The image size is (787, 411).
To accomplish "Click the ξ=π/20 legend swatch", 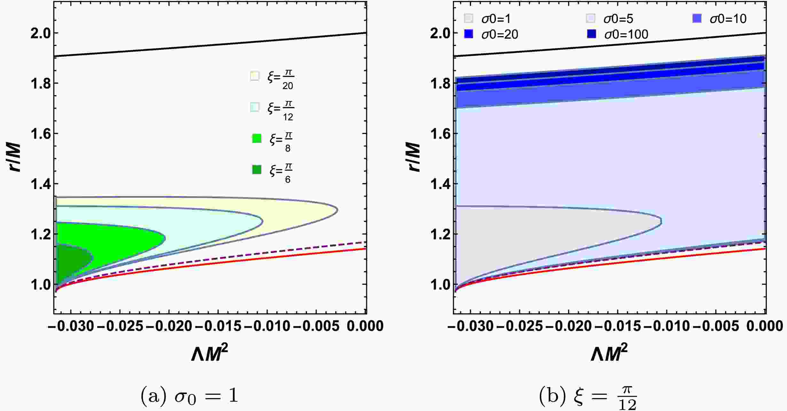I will tap(255, 76).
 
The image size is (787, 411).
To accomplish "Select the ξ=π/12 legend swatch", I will tap(255, 107).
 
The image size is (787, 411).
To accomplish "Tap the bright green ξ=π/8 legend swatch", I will tap(256, 138).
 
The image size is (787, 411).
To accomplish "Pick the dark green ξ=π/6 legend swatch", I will tap(256, 170).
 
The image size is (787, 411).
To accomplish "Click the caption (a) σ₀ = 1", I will tap(189, 396).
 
